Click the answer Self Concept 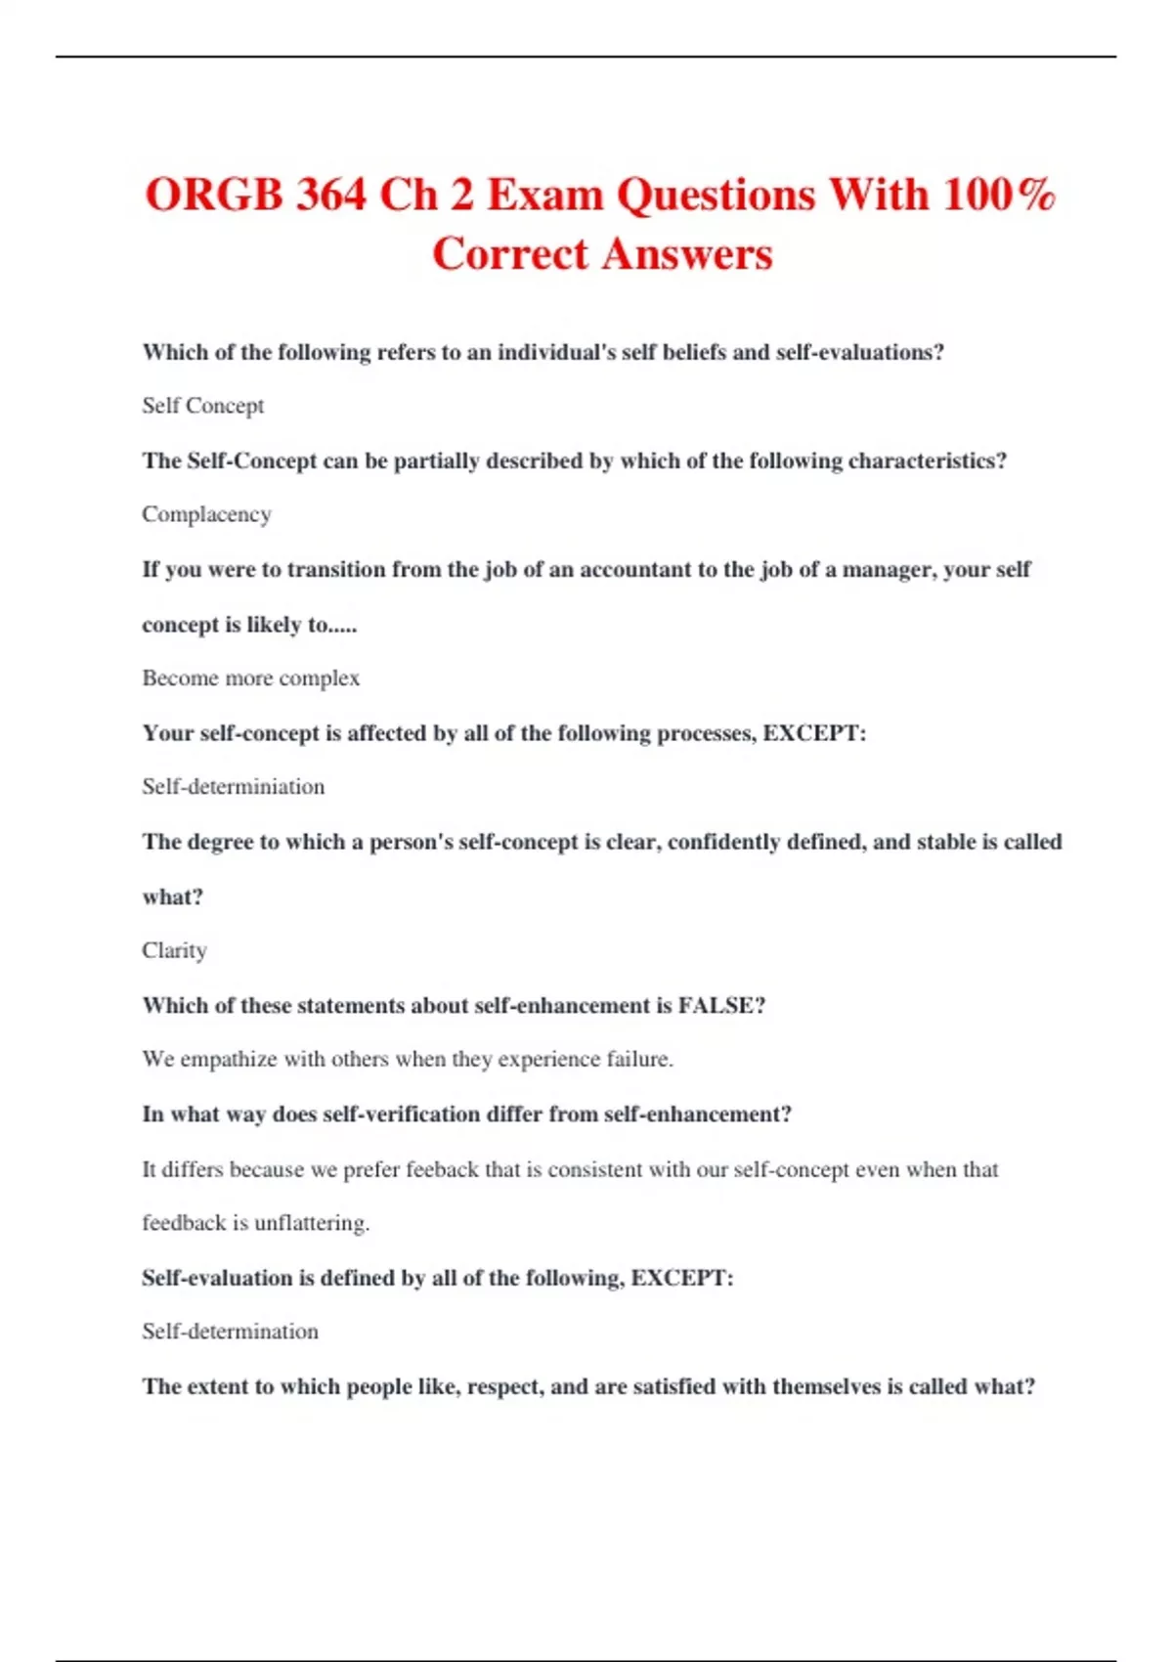pos(202,406)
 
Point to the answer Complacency pos(206,514)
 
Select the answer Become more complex pos(250,678)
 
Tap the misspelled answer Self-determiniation pos(233,787)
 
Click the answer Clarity pos(174,950)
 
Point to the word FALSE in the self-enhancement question pos(721,1006)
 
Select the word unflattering pos(312,1223)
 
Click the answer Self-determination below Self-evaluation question pos(230,1332)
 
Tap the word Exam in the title pos(544,195)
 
